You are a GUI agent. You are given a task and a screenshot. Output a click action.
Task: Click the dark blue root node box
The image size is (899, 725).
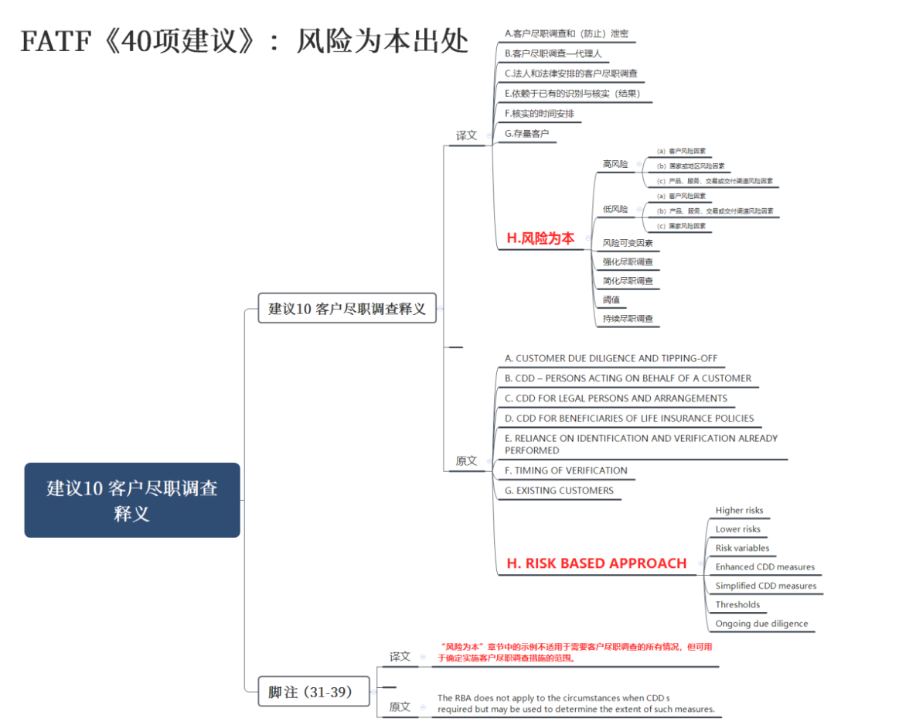(x=132, y=500)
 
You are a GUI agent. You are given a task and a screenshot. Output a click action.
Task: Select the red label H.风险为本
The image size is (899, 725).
(x=540, y=238)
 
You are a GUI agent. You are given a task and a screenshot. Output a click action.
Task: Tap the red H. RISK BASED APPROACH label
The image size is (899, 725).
(x=596, y=563)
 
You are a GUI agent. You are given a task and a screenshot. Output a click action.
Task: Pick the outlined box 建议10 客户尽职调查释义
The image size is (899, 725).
(x=346, y=308)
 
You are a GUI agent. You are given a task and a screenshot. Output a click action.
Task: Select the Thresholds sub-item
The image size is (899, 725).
(x=737, y=605)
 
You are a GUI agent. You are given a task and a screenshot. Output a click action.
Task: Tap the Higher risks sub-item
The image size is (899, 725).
(x=739, y=511)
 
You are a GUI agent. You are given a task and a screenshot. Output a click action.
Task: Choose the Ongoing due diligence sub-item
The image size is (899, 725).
(x=761, y=624)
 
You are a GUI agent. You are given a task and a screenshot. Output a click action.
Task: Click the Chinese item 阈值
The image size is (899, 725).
(x=611, y=299)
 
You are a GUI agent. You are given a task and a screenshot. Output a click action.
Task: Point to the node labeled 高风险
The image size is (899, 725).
(x=615, y=164)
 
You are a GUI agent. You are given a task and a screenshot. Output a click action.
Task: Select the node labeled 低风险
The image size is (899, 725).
(x=615, y=209)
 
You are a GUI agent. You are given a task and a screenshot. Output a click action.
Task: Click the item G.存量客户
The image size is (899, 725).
(x=526, y=134)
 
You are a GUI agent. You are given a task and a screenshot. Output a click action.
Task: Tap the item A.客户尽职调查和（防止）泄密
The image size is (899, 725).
(x=566, y=34)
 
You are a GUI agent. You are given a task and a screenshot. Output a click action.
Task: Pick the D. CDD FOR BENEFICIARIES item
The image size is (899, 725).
(x=628, y=419)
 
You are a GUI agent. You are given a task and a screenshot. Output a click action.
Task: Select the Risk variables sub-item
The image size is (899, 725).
(x=742, y=548)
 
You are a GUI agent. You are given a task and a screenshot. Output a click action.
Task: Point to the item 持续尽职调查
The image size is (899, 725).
(x=628, y=319)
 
